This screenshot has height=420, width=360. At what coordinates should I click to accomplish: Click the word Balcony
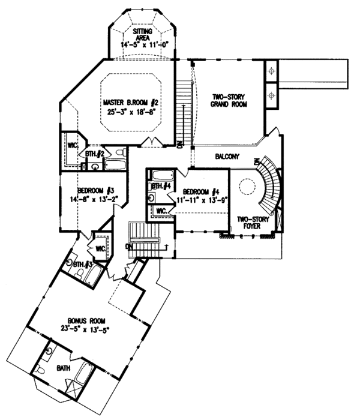tap(227, 157)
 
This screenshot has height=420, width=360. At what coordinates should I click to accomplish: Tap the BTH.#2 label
tap(95, 155)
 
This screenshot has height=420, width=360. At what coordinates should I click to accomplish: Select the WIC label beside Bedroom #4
tap(161, 211)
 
